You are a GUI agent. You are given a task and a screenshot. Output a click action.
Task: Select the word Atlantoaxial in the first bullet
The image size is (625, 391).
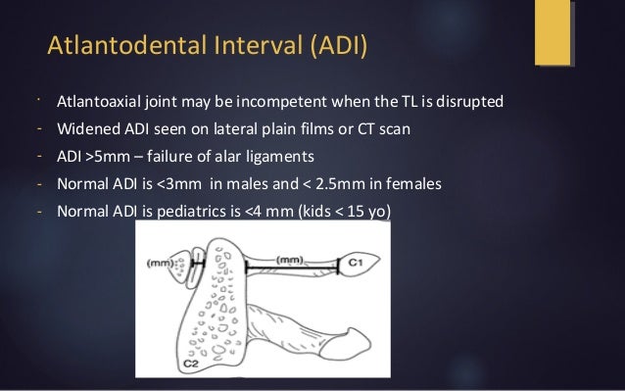coord(97,101)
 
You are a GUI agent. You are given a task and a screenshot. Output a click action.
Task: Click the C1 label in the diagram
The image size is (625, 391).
coord(360,264)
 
